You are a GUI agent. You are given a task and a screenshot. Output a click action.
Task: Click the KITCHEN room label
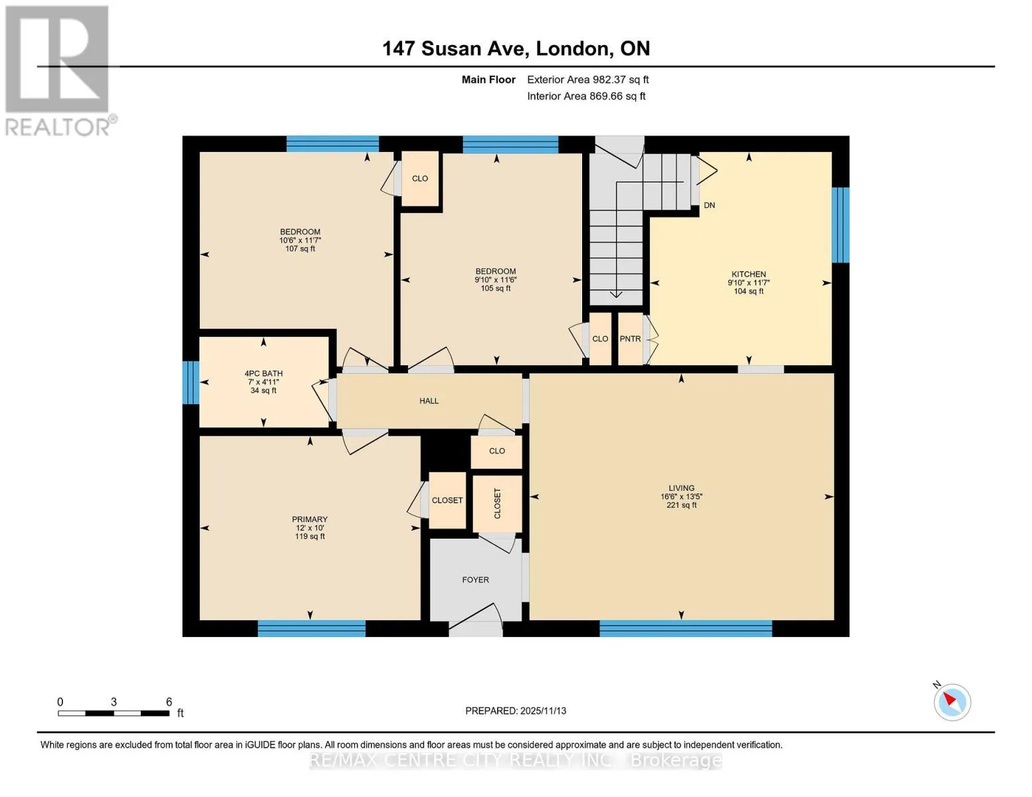(x=748, y=274)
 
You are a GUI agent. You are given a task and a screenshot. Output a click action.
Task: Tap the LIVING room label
(x=682, y=488)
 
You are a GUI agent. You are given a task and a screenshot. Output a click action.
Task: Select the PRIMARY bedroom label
(x=310, y=519)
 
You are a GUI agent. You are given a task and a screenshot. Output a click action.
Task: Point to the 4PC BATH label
(x=264, y=373)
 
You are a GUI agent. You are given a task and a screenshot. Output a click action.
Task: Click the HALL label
(x=429, y=401)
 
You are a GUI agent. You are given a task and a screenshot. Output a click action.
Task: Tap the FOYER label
(x=475, y=580)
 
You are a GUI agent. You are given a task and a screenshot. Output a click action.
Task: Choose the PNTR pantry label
(x=630, y=339)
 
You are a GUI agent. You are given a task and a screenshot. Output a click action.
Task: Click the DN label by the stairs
(x=710, y=205)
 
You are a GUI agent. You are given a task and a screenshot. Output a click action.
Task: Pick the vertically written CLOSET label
(x=497, y=503)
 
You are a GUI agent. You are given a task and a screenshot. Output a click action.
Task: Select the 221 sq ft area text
(x=682, y=505)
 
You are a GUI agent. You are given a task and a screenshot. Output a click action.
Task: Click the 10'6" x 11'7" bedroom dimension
(x=300, y=240)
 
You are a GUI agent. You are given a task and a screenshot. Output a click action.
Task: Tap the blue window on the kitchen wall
(x=840, y=225)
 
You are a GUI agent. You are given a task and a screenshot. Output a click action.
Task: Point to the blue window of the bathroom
(x=191, y=383)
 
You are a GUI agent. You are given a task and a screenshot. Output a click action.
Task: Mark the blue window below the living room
(x=686, y=628)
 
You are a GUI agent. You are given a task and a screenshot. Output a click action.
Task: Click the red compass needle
(x=950, y=699)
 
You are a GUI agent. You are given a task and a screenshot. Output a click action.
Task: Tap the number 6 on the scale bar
(x=169, y=701)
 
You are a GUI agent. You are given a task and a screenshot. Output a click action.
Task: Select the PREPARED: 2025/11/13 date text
(x=516, y=711)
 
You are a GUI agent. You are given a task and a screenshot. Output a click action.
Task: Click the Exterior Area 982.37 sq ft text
(x=588, y=80)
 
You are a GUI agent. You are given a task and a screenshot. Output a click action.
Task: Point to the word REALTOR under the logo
(x=57, y=128)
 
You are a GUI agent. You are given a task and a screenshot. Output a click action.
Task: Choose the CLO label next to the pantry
(x=600, y=339)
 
